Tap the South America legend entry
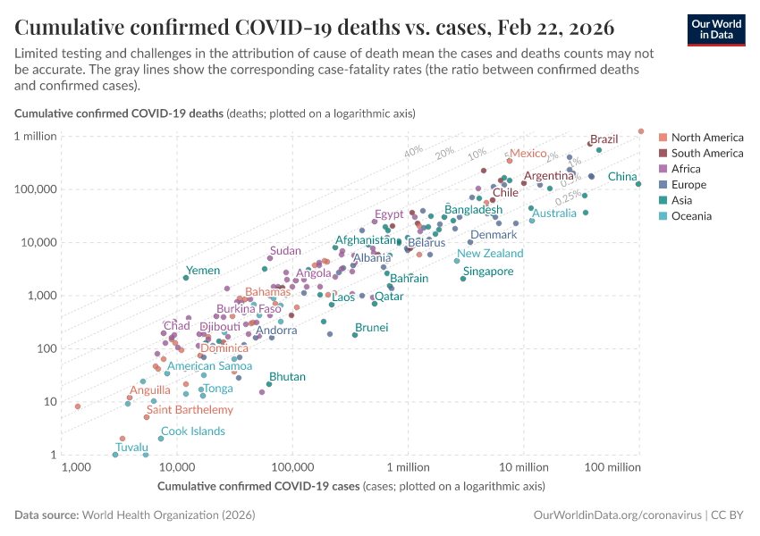(x=706, y=154)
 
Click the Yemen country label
(x=202, y=270)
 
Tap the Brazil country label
(x=604, y=139)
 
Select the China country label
(x=622, y=177)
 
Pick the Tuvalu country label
(x=132, y=447)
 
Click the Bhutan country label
(x=287, y=377)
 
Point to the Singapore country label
(x=488, y=272)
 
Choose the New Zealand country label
(x=490, y=254)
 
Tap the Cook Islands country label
(x=193, y=431)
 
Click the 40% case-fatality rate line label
(x=413, y=152)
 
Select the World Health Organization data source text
(x=168, y=515)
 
